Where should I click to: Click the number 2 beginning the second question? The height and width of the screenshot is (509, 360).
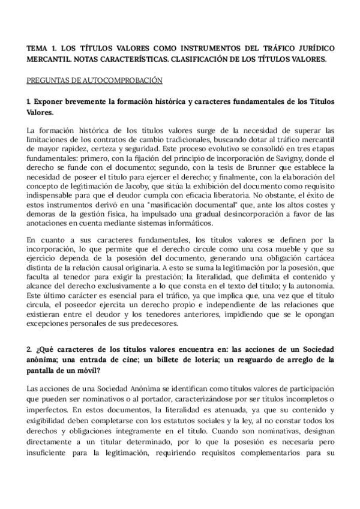pyautogui.click(x=29, y=349)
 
